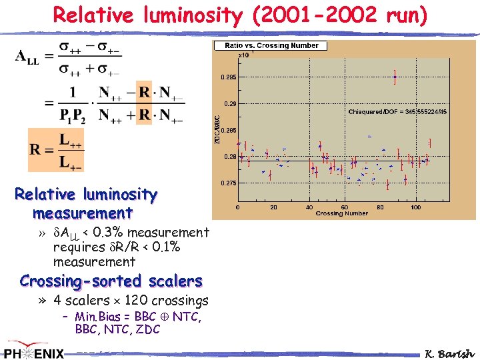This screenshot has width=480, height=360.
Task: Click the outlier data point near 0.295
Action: tap(395, 77)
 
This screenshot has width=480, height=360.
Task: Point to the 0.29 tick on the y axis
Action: tap(229, 103)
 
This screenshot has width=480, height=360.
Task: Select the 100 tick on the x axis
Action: tap(415, 207)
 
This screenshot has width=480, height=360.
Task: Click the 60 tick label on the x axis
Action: tap(345, 207)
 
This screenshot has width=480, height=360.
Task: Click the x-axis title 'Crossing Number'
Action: tap(341, 213)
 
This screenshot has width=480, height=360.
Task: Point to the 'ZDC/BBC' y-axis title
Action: tap(217, 129)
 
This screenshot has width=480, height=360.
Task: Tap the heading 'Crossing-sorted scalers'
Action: tap(111, 281)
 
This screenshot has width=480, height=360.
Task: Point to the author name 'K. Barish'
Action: tap(450, 353)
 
